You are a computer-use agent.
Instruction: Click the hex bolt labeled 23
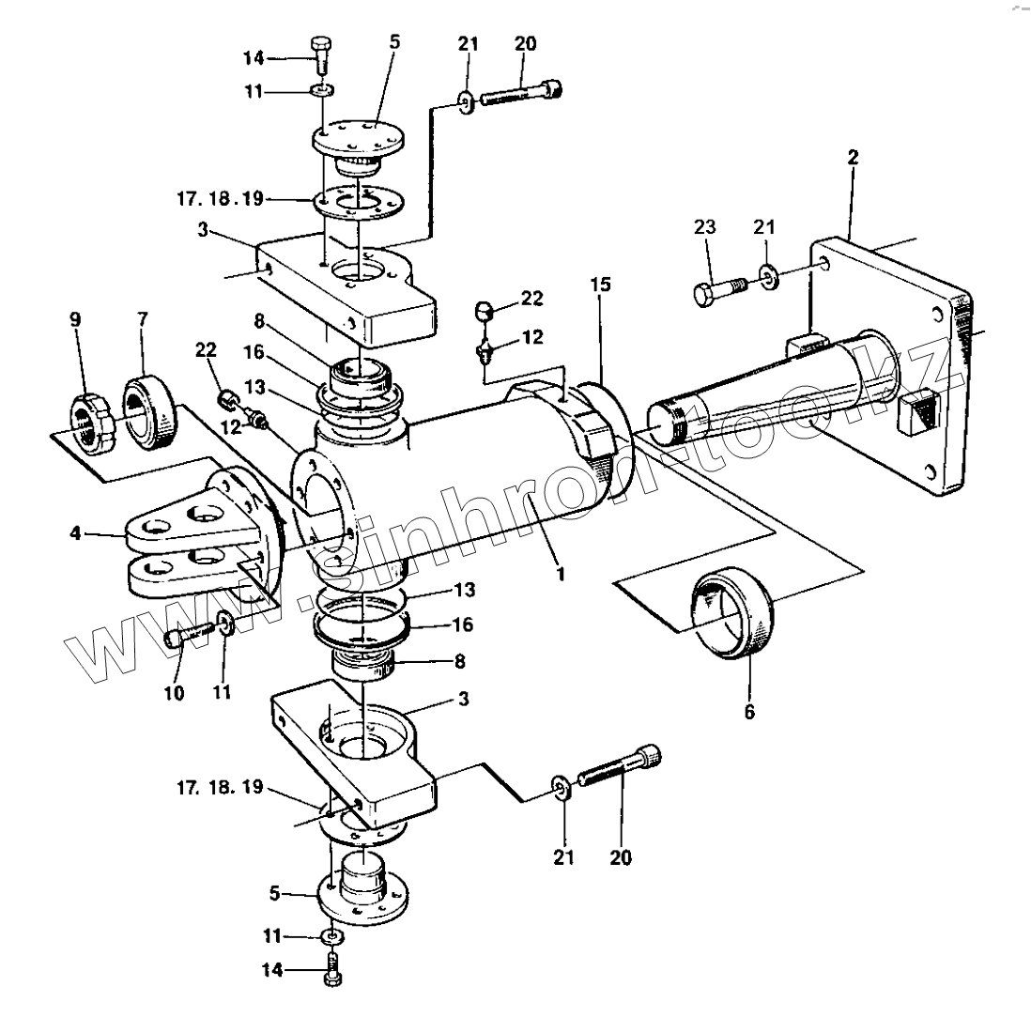(x=720, y=290)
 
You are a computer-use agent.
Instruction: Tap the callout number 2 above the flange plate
(x=853, y=158)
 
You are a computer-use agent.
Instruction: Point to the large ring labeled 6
(x=732, y=611)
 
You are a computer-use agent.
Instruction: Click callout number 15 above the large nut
(x=600, y=285)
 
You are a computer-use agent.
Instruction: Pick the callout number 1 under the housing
(x=561, y=574)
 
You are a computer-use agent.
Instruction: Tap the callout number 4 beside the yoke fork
(x=76, y=533)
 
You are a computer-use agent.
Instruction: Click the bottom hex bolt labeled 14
(x=333, y=968)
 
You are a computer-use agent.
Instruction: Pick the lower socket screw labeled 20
(x=620, y=765)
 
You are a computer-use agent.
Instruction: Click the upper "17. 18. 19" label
(x=221, y=198)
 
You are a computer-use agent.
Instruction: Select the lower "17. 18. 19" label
(x=221, y=788)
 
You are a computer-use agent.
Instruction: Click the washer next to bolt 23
(x=768, y=277)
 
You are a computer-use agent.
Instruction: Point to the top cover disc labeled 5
(x=357, y=139)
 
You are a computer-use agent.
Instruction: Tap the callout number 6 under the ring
(x=749, y=712)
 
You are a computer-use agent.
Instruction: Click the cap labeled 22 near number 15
(x=485, y=310)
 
